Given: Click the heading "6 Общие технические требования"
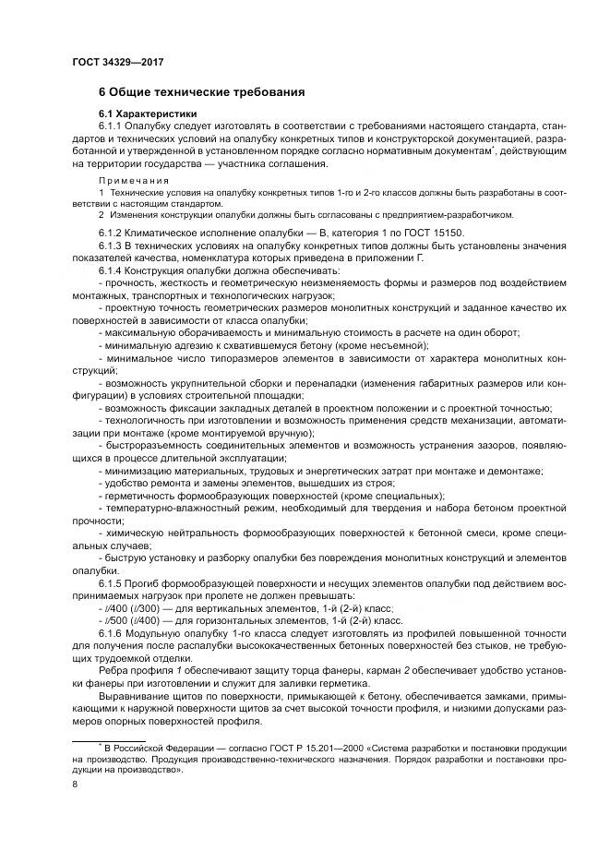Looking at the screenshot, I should coord(201,92).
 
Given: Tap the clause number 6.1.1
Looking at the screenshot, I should coord(111,126).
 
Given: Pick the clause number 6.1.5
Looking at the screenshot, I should coord(111,585).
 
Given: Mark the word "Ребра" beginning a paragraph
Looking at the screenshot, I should coord(114,669).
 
